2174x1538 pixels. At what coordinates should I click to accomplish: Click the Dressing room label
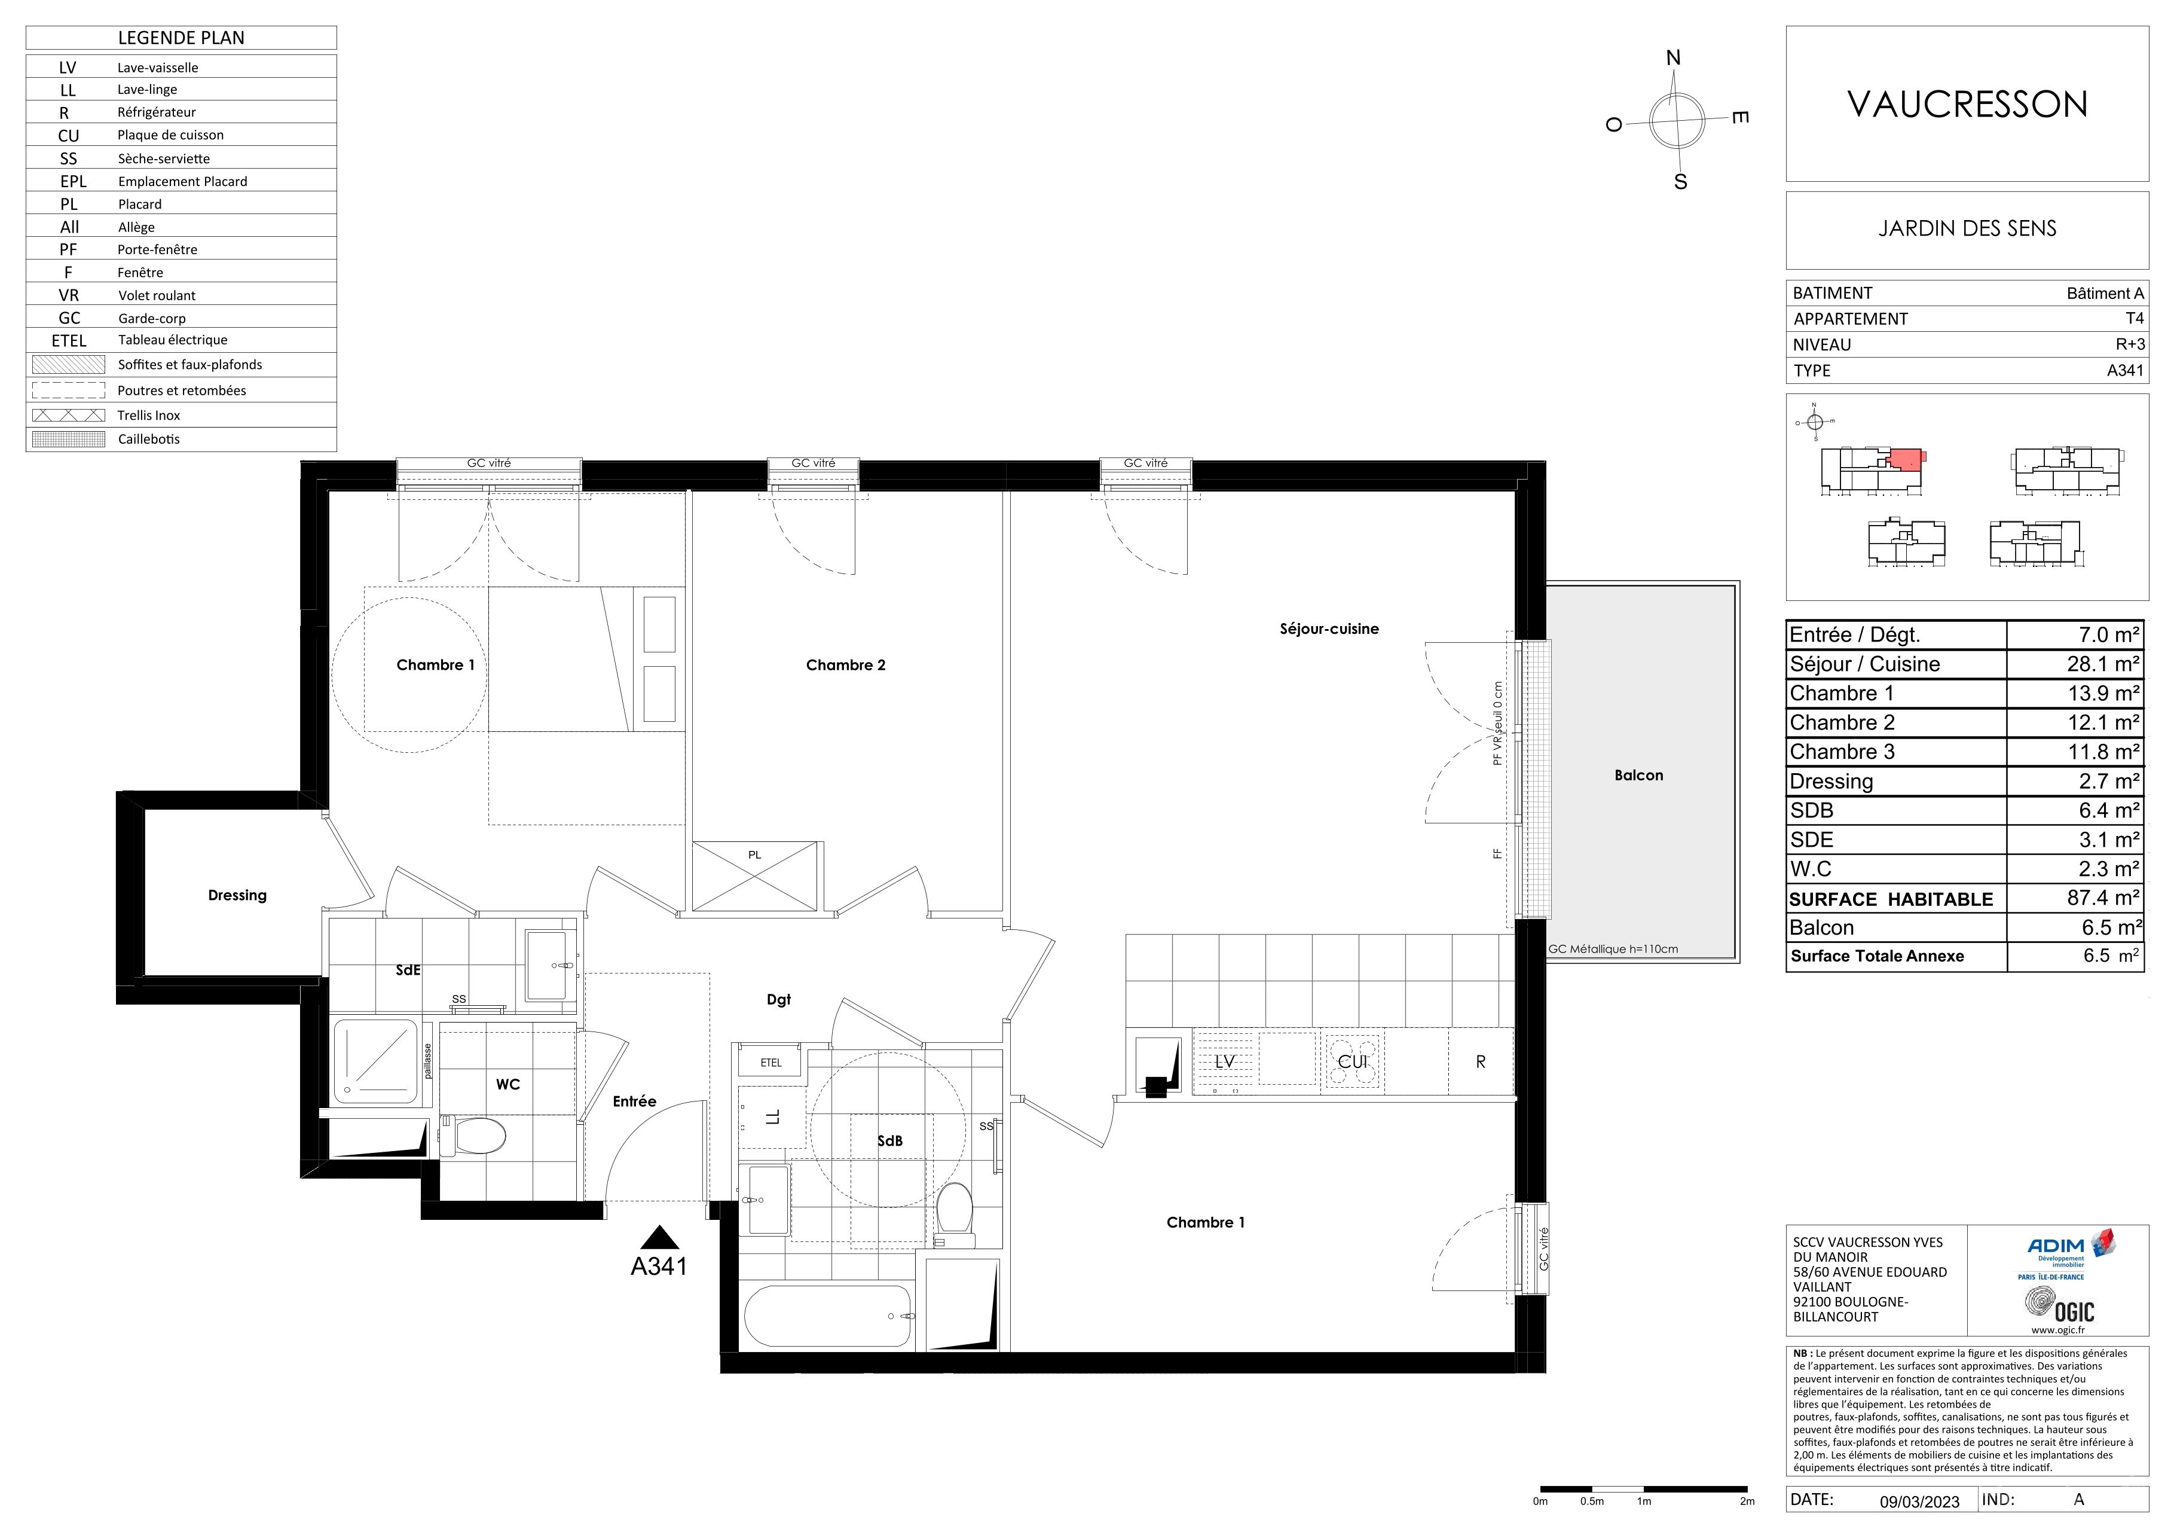pyautogui.click(x=238, y=895)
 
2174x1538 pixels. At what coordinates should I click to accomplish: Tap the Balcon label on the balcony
pyautogui.click(x=1639, y=775)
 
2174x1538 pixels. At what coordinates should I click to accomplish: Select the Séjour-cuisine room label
pyautogui.click(x=1329, y=629)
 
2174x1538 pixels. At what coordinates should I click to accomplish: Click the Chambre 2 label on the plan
pyautogui.click(x=846, y=665)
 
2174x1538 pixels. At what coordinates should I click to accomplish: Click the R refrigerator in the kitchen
pyautogui.click(x=1481, y=1061)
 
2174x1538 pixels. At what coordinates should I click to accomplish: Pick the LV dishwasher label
pyautogui.click(x=1225, y=1061)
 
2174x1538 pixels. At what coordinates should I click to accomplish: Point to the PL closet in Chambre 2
pyautogui.click(x=754, y=876)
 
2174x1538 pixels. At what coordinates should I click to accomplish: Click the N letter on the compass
pyautogui.click(x=1673, y=58)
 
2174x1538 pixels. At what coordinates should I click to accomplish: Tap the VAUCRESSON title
pyautogui.click(x=1968, y=104)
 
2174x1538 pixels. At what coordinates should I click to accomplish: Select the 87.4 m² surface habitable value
pyautogui.click(x=2103, y=897)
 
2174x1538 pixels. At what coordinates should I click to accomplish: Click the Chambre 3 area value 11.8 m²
pyautogui.click(x=2103, y=752)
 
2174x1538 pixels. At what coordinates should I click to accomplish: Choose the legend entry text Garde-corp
pyautogui.click(x=151, y=318)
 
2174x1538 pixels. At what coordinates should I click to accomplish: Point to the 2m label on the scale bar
pyautogui.click(x=1747, y=1501)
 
